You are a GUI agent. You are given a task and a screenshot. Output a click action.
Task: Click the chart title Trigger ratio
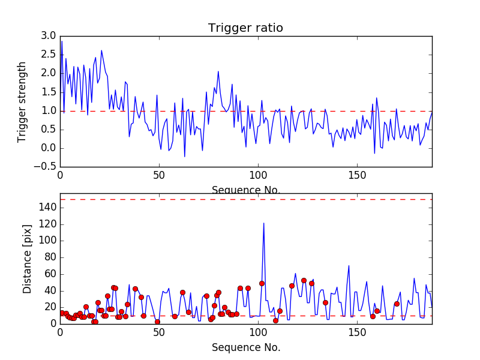pyautogui.click(x=245, y=28)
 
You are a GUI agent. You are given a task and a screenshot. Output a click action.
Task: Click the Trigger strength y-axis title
pyautogui.click(x=23, y=101)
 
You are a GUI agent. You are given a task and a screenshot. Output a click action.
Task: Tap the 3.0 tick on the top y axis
pyautogui.click(x=48, y=36)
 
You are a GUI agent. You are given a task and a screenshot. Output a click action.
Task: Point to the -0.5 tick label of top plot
pyautogui.click(x=46, y=167)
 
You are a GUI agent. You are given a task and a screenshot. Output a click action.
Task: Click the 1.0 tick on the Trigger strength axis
pyautogui.click(x=48, y=111)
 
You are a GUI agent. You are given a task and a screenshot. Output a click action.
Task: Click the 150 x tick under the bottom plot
pyautogui.click(x=357, y=332)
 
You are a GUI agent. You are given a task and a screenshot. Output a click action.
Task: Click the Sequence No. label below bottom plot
pyautogui.click(x=245, y=347)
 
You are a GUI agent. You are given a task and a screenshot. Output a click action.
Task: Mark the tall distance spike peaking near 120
pyautogui.click(x=263, y=223)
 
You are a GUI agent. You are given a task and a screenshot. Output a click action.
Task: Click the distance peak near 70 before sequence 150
pyautogui.click(x=349, y=265)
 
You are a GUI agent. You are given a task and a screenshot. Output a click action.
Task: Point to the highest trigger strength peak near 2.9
pyautogui.click(x=62, y=41)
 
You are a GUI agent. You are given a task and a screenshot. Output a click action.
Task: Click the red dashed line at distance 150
pyautogui.click(x=245, y=199)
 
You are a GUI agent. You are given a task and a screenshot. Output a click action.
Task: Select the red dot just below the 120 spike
pyautogui.click(x=262, y=283)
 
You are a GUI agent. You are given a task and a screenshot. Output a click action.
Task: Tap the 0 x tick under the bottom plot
pyautogui.click(x=60, y=332)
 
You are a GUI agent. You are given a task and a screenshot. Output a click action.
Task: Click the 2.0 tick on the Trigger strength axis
pyautogui.click(x=48, y=73)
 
